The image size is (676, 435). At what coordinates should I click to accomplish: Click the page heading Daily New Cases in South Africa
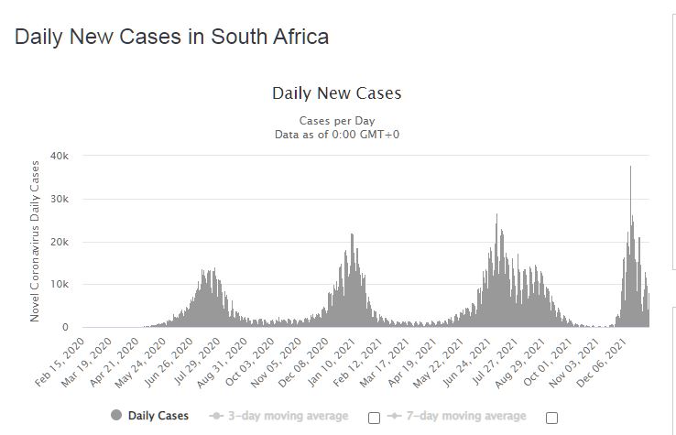pyautogui.click(x=172, y=38)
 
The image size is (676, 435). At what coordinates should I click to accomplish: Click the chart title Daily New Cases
pyautogui.click(x=336, y=93)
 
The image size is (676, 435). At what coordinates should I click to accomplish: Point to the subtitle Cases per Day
pyautogui.click(x=336, y=121)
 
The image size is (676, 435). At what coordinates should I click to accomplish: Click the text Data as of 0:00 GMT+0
pyautogui.click(x=336, y=135)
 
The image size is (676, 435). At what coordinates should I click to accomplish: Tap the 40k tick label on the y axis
pyautogui.click(x=59, y=157)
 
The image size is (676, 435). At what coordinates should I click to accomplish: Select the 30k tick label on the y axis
pyautogui.click(x=59, y=200)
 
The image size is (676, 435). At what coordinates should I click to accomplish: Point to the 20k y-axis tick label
pyautogui.click(x=59, y=242)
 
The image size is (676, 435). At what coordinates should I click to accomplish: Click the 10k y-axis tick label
pyautogui.click(x=59, y=285)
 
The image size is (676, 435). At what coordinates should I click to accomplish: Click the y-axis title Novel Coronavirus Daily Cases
pyautogui.click(x=36, y=241)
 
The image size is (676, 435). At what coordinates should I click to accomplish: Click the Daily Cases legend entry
pyautogui.click(x=158, y=416)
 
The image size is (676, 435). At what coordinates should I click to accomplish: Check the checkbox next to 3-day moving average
pyautogui.click(x=374, y=418)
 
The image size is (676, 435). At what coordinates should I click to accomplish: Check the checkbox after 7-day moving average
pyautogui.click(x=551, y=418)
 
